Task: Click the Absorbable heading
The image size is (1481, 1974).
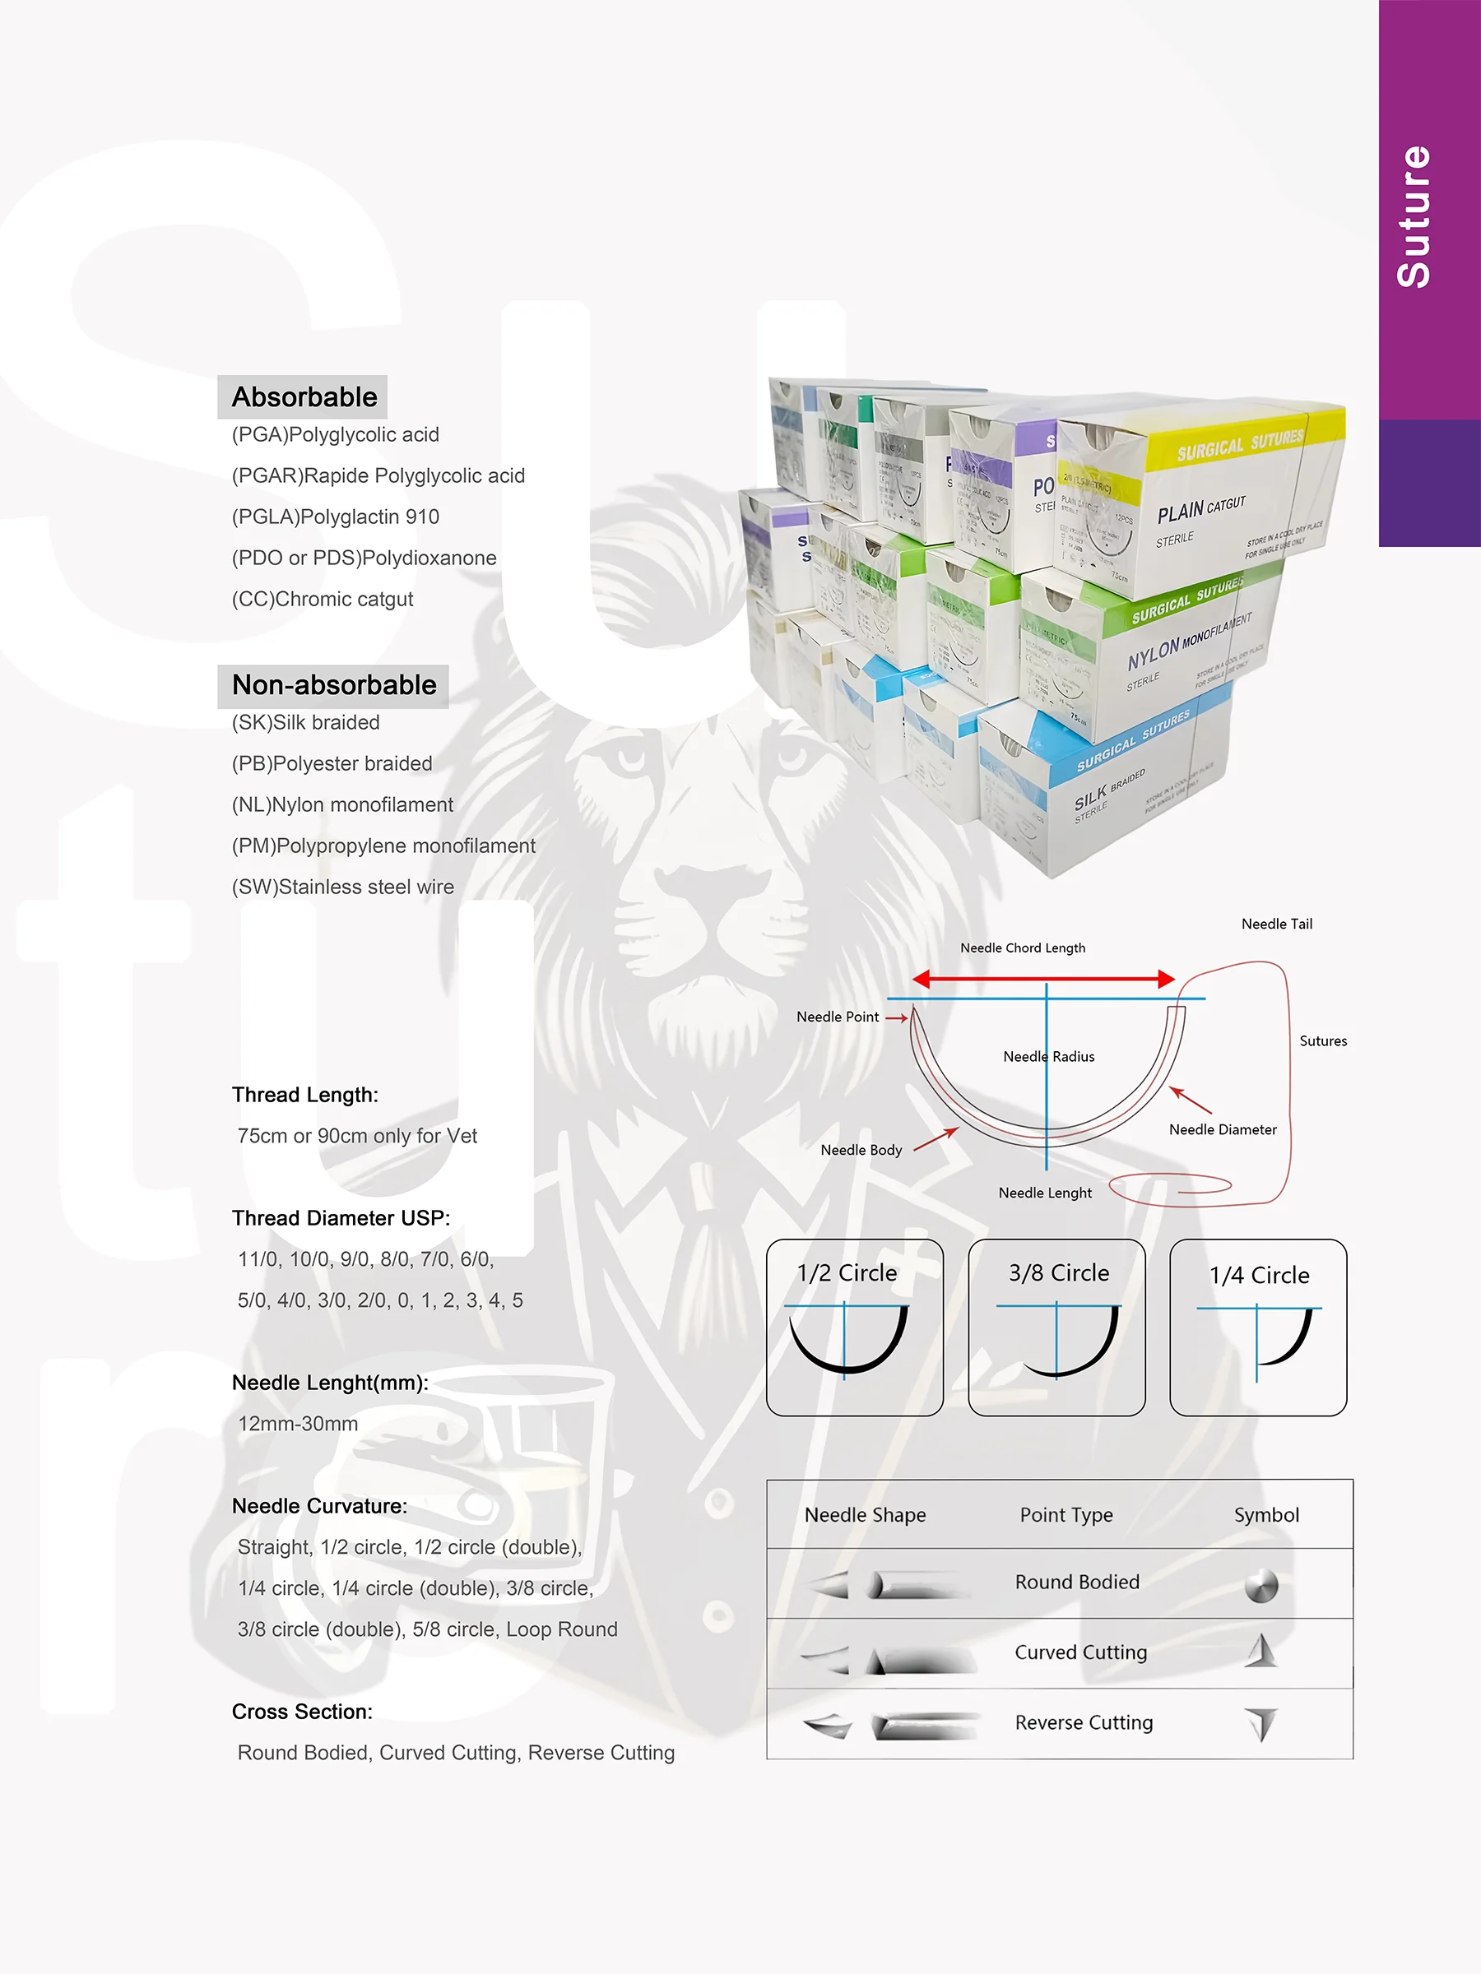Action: (x=304, y=397)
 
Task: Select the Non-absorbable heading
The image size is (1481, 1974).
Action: (x=334, y=685)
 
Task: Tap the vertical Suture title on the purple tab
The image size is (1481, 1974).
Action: (x=1414, y=217)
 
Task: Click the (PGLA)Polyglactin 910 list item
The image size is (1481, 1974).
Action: (x=336, y=517)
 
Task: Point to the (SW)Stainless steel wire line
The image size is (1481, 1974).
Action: (x=343, y=887)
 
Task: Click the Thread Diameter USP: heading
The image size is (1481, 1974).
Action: (x=341, y=1218)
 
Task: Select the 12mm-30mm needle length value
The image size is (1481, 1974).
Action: (x=298, y=1424)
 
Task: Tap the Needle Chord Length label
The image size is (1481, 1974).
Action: (x=1023, y=948)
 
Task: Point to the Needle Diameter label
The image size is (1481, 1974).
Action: (x=1223, y=1130)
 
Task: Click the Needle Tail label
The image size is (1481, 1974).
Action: (x=1277, y=924)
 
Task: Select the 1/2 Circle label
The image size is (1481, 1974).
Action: (x=847, y=1273)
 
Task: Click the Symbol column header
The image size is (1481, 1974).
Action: (x=1266, y=1514)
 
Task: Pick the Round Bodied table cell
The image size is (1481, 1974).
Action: (x=1076, y=1582)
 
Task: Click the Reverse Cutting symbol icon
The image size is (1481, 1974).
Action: (x=1261, y=1723)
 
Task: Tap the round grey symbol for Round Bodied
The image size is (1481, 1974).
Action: (x=1261, y=1586)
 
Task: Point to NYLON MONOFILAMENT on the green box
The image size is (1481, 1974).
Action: (x=1189, y=642)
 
